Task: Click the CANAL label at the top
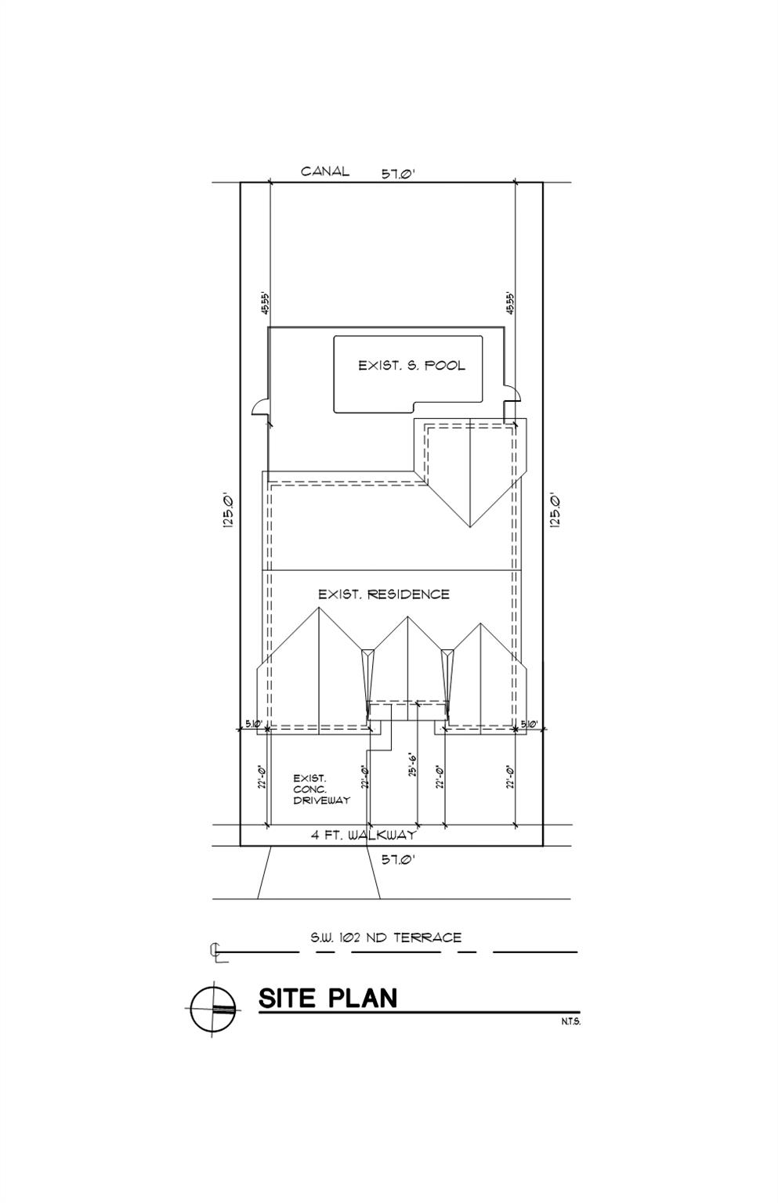325,172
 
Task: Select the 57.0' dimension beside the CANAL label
397,174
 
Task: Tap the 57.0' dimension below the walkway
397,859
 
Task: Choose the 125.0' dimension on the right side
555,511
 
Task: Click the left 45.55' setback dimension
266,304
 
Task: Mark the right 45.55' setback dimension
510,304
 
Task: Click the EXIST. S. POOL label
411,365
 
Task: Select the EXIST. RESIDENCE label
384,594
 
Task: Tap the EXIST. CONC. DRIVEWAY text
321,789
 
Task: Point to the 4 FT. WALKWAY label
364,835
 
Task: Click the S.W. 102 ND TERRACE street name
385,937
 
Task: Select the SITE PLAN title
328,998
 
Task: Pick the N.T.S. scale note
570,1021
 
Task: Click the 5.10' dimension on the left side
252,724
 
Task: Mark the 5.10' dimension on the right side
529,724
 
